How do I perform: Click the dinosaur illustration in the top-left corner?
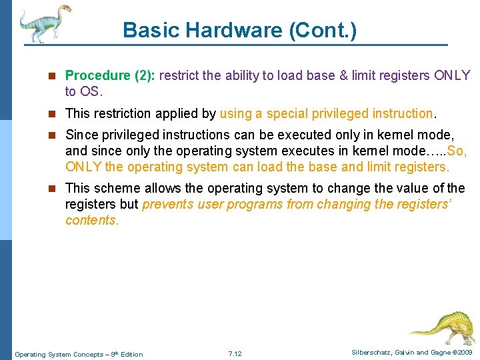tap(44, 23)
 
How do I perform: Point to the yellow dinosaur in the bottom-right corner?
tap(443, 327)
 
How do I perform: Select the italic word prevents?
tap(166, 205)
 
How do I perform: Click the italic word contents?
tap(92, 221)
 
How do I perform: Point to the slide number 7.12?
tap(235, 353)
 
